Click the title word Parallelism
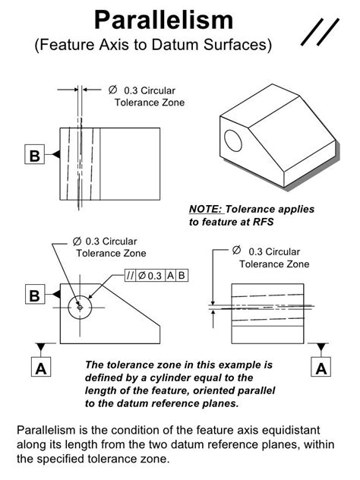pos(164,21)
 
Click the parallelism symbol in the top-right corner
pos(320,32)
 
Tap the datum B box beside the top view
pos(35,154)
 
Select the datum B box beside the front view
pos(35,294)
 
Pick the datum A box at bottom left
pos(41,367)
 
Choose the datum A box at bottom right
pos(321,367)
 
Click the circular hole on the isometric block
pos(233,141)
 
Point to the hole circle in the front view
pos(80,307)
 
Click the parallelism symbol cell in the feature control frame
pos(130,276)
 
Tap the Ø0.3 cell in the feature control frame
pos(150,276)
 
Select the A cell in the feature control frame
pos(171,276)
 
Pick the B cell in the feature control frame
pos(182,276)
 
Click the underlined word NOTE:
pos(207,209)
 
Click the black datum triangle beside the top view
pos(55,154)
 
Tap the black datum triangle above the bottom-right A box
pos(321,347)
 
